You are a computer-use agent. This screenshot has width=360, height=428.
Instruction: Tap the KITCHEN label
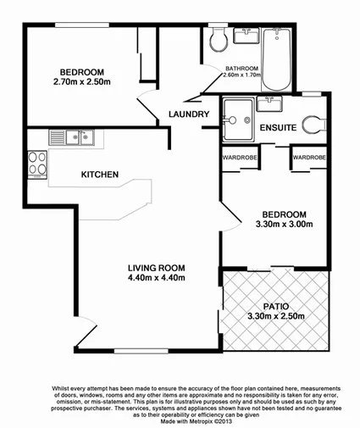(99, 175)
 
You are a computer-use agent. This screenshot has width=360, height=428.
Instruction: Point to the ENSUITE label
(278, 128)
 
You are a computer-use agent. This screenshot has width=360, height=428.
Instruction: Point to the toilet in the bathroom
(219, 37)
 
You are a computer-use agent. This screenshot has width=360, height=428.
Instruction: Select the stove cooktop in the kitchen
(36, 163)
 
